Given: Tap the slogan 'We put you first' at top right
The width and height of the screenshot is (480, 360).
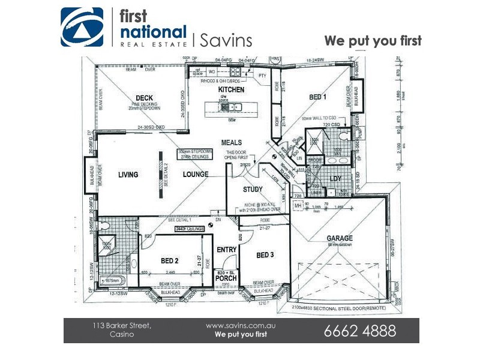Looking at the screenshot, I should coord(373,41).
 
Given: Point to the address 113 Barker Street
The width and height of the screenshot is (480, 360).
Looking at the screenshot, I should coord(122,325).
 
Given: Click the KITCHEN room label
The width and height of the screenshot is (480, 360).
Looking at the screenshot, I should coord(231,89).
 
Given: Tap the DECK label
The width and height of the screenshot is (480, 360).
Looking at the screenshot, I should coord(144,98).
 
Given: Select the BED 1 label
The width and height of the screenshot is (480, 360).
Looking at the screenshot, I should coord(318,97).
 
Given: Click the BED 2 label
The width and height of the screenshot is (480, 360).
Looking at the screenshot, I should coord(170,261).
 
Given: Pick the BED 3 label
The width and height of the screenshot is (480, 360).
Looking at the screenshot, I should coord(265,256).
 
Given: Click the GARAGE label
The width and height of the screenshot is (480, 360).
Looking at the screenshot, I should coord(340,238).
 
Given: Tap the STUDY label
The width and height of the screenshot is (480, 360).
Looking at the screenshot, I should coord(253,190).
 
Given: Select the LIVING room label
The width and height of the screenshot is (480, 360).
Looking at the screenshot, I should coord(128,175).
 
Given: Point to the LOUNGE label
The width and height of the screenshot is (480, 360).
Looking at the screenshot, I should coord(196,175).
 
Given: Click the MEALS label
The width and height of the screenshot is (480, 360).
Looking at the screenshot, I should coord(232,143).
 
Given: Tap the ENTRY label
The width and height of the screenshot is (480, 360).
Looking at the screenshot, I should coord(227,249).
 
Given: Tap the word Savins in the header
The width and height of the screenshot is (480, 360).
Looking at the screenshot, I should coord(226,40).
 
